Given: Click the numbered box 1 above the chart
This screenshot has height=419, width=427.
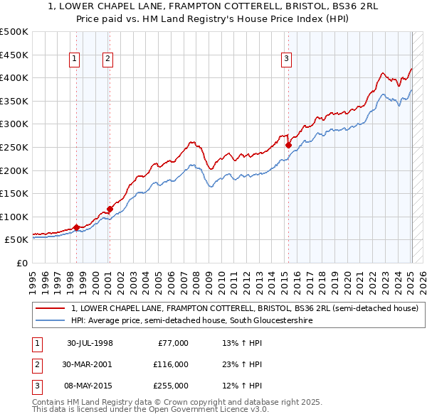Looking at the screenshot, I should pyautogui.click(x=75, y=60).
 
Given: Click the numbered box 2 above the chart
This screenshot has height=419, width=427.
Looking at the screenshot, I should pyautogui.click(x=107, y=60).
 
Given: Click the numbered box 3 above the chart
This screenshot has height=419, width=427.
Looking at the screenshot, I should pyautogui.click(x=286, y=60).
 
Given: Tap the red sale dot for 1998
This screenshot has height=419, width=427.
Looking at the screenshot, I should pyautogui.click(x=76, y=227).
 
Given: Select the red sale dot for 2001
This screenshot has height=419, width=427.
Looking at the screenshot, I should pyautogui.click(x=110, y=209).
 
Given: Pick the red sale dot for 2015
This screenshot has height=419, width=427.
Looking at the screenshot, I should pyautogui.click(x=288, y=145).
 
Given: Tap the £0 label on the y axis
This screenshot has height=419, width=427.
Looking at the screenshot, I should pyautogui.click(x=21, y=263).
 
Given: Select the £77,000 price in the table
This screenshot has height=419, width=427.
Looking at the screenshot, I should pyautogui.click(x=173, y=343).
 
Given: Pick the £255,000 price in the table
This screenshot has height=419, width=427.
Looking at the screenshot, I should pyautogui.click(x=170, y=386).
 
